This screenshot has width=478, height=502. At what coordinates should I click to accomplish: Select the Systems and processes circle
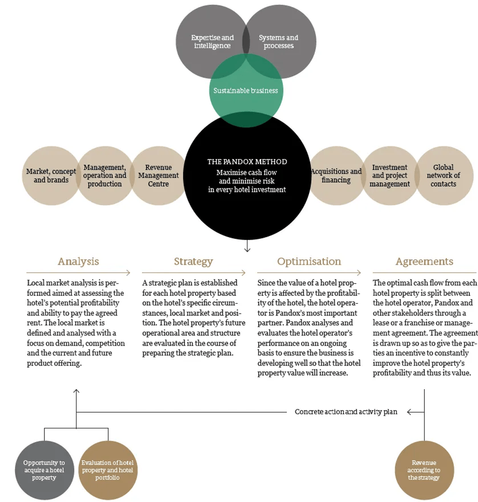tap(279, 42)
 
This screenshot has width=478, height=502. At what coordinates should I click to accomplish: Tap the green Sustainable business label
tap(246, 91)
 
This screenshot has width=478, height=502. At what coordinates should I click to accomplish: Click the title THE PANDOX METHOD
tap(247, 162)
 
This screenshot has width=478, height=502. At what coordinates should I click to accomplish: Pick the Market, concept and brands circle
tap(51, 175)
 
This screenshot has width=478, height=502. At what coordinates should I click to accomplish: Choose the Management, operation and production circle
tap(105, 175)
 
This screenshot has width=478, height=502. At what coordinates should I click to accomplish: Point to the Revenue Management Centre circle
tap(158, 175)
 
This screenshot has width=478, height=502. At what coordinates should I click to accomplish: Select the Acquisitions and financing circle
tap(336, 175)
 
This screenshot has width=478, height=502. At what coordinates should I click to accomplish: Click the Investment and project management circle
tap(390, 175)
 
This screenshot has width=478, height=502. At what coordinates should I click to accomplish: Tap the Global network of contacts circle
tap(444, 175)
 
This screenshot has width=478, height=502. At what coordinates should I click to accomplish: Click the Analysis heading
tap(78, 262)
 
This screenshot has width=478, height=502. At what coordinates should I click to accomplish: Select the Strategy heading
tap(194, 262)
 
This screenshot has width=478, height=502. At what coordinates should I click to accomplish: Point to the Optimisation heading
tap(309, 262)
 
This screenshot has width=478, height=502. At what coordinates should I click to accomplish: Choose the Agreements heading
tap(424, 262)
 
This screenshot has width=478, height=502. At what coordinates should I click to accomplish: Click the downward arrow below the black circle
tap(247, 245)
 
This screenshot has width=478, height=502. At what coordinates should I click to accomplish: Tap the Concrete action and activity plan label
tap(346, 411)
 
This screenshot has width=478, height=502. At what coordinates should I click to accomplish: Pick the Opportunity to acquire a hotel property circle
tap(44, 470)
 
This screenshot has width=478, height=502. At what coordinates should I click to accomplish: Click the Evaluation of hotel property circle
tap(108, 470)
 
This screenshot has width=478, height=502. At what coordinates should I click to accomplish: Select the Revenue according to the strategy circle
tap(424, 470)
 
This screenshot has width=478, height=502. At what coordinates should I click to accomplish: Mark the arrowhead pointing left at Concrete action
tap(409, 412)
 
